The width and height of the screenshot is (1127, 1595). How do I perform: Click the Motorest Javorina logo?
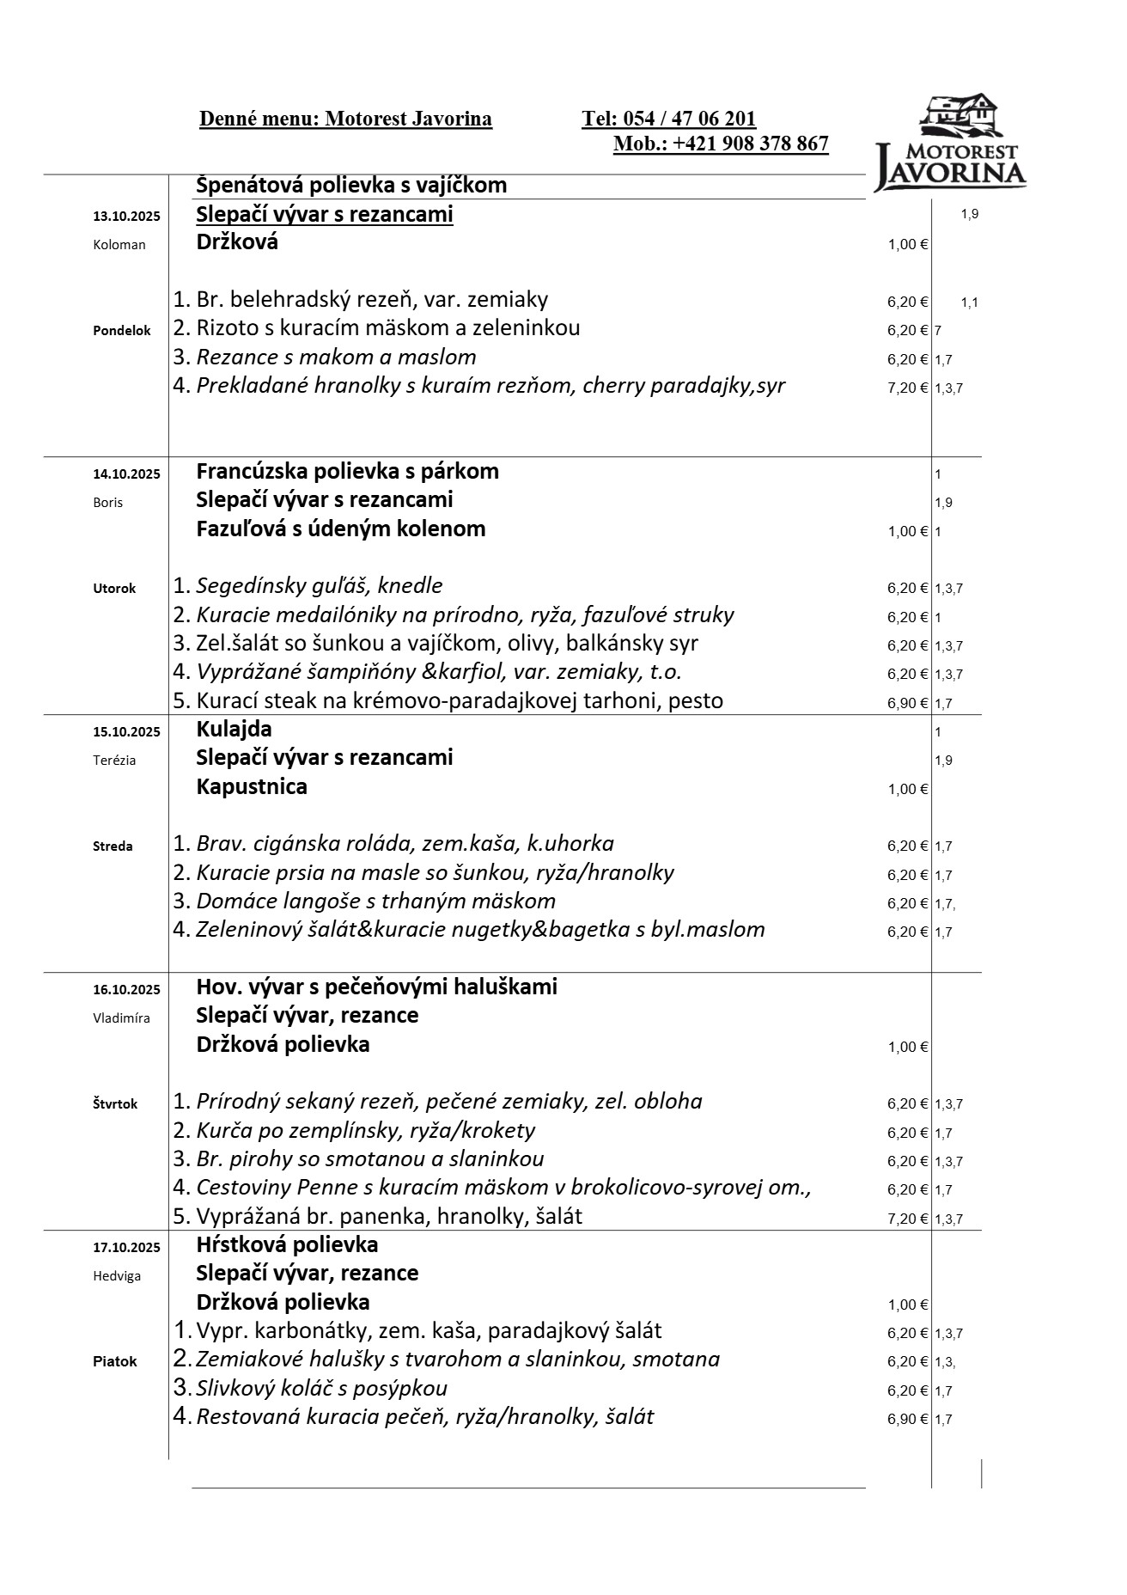click(x=950, y=144)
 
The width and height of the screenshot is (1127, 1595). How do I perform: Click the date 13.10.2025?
click(x=126, y=216)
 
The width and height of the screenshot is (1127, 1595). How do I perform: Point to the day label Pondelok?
click(x=121, y=330)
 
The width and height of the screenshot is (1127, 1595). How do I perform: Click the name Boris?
click(x=107, y=503)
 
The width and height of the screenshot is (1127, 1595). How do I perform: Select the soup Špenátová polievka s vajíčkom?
click(x=351, y=185)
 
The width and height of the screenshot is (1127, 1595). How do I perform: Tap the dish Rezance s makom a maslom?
click(x=336, y=357)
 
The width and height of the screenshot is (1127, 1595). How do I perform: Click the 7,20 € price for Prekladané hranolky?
click(x=907, y=388)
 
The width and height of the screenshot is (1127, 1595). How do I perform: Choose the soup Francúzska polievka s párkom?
click(x=347, y=471)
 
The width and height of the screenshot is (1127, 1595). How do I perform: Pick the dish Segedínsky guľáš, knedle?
click(x=319, y=586)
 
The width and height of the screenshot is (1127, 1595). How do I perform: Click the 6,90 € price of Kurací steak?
click(x=907, y=703)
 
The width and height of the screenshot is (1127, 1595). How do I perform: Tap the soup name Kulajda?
click(x=234, y=729)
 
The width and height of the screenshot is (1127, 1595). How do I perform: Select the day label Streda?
click(x=113, y=846)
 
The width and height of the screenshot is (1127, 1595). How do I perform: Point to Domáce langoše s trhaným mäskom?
click(x=375, y=901)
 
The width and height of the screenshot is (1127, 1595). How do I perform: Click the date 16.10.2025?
click(x=126, y=989)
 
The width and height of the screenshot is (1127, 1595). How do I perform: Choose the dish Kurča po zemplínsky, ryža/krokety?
click(x=365, y=1130)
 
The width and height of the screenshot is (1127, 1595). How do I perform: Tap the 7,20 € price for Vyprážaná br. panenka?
click(x=907, y=1219)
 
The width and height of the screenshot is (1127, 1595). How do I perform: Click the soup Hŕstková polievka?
click(x=287, y=1244)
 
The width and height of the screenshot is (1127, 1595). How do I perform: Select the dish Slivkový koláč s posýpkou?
click(x=321, y=1388)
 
